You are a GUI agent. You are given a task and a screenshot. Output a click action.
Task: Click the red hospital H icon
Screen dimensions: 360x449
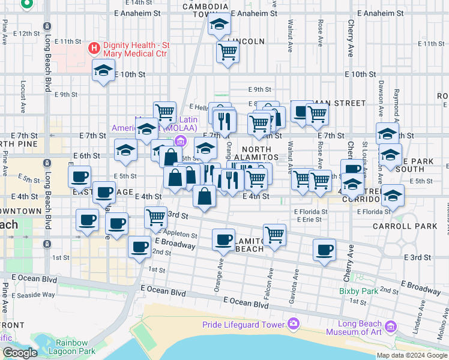(94, 47)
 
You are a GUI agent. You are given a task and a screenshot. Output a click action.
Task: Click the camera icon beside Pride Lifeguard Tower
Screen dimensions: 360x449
(294, 324)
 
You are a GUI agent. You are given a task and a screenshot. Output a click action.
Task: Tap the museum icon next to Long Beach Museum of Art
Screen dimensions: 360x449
(391, 327)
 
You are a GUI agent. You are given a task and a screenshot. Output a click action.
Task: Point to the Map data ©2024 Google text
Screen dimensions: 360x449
(412, 355)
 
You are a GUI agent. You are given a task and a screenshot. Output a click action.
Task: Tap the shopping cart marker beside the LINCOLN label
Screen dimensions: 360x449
(228, 52)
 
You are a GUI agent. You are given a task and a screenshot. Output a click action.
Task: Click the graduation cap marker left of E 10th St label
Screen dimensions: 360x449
(103, 71)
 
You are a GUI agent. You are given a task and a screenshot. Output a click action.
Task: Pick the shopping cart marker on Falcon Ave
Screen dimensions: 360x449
(274, 234)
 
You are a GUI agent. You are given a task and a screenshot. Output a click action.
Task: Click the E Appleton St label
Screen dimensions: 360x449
(178, 235)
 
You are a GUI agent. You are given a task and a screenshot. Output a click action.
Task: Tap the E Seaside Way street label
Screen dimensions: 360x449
(37, 295)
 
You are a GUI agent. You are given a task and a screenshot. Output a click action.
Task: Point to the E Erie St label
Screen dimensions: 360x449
(309, 220)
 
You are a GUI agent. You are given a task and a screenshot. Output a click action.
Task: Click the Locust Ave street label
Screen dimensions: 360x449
(23, 96)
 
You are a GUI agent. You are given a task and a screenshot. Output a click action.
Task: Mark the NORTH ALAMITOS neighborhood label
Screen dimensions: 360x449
(261, 153)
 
